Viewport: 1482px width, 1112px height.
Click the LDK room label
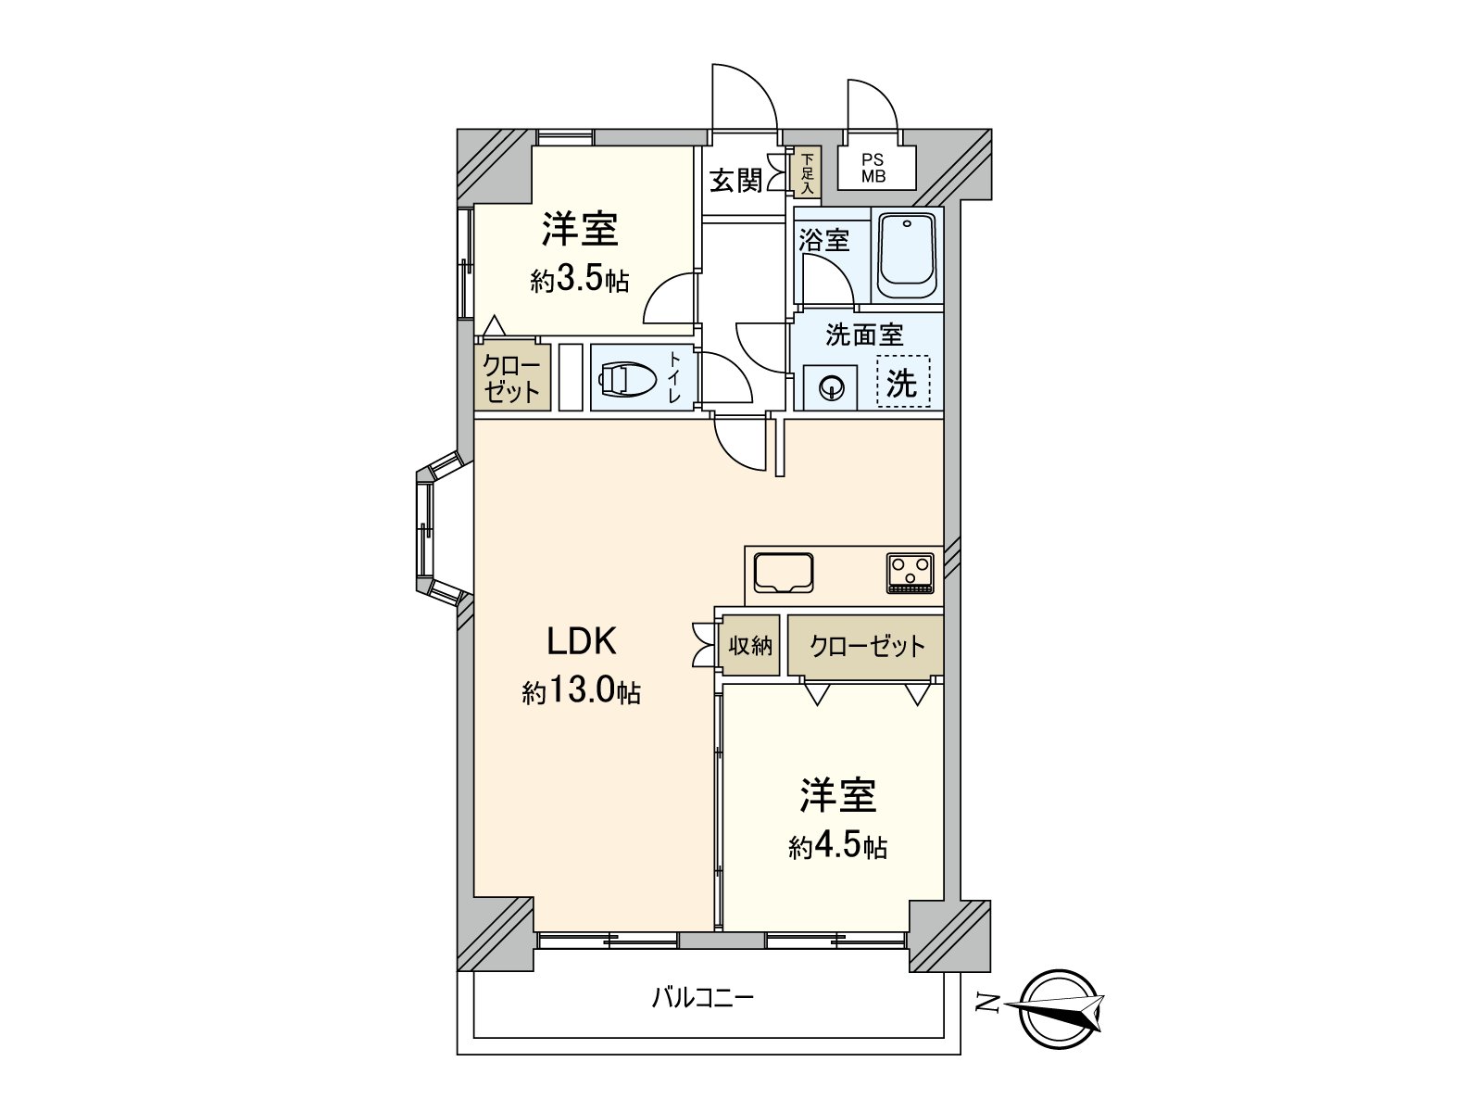[582, 640]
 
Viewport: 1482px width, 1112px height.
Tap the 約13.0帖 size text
[581, 691]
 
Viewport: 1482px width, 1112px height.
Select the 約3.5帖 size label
[580, 280]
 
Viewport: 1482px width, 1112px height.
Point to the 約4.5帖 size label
[837, 845]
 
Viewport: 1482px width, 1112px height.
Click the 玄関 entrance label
[735, 180]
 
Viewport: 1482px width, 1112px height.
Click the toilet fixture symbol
[628, 378]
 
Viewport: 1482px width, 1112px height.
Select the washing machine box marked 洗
[902, 382]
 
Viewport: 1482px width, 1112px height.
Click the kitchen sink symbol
[784, 573]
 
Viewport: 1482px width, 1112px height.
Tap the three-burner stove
[911, 572]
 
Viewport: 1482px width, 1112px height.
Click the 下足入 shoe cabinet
[807, 173]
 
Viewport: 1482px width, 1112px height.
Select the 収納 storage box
[750, 645]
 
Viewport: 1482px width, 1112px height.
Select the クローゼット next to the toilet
[512, 377]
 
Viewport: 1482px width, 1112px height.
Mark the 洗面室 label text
[864, 335]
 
